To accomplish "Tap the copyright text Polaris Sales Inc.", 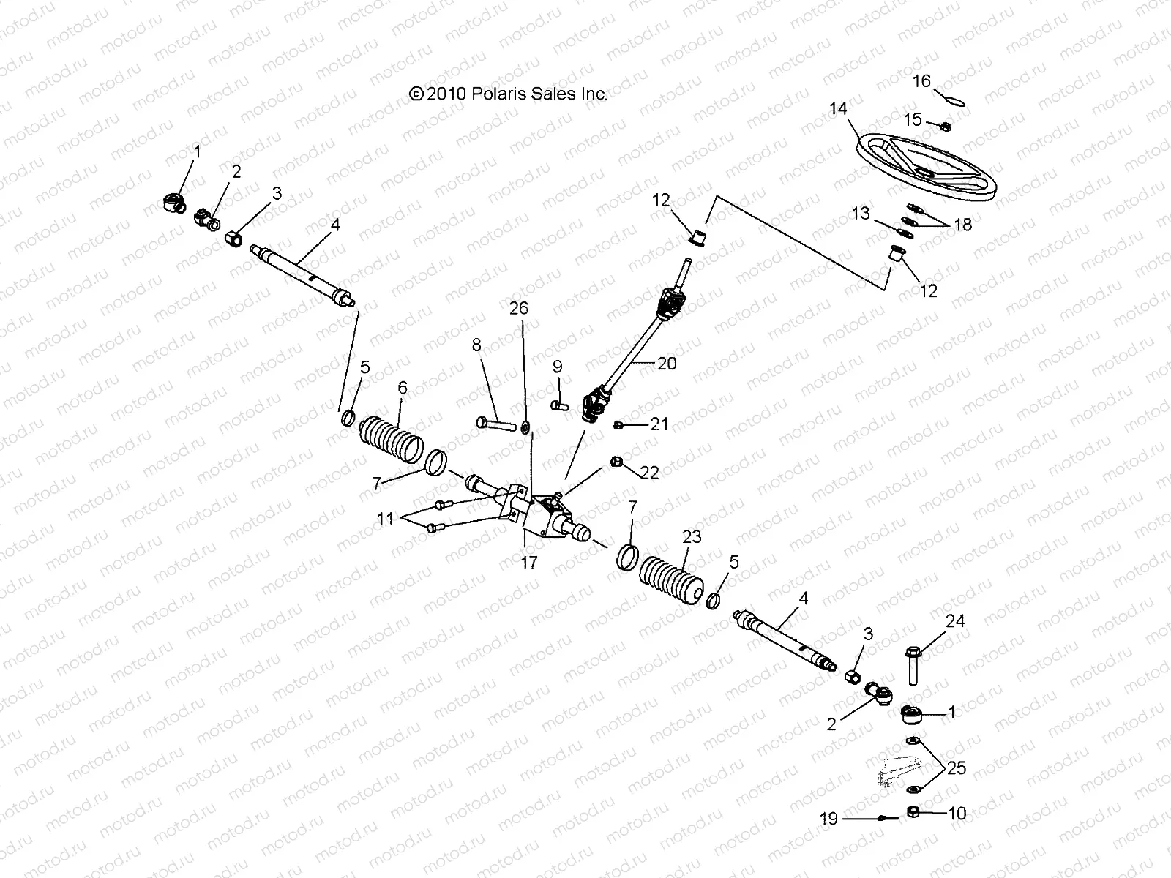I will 509,94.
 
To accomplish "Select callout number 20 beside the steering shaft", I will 667,363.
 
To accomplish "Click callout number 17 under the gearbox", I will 528,562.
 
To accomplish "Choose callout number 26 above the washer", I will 518,308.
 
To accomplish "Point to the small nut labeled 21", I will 618,424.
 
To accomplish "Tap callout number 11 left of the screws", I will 386,519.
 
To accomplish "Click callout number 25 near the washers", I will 957,768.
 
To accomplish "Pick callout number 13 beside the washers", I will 861,213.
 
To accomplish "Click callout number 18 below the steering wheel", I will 963,225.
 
